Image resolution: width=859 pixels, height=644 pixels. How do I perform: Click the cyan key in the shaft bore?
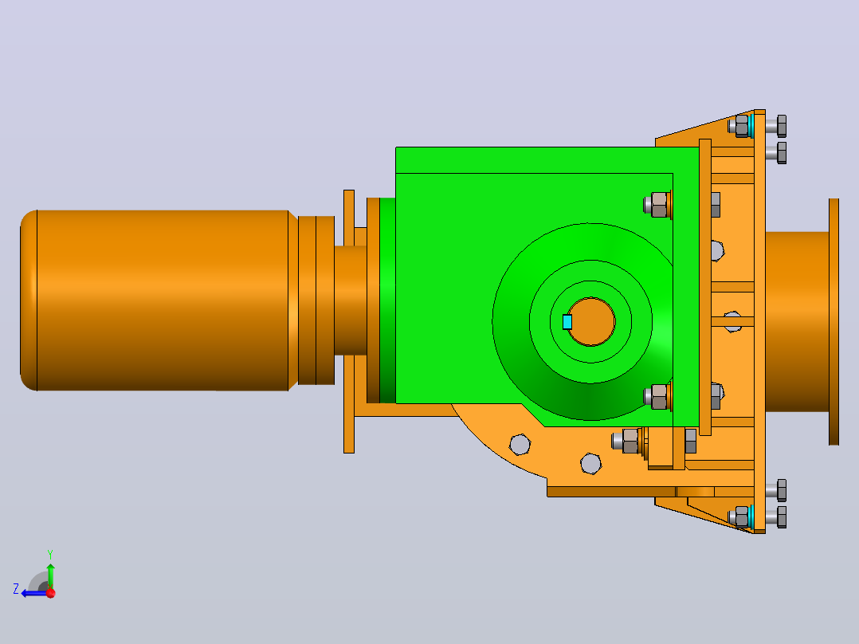click(x=567, y=322)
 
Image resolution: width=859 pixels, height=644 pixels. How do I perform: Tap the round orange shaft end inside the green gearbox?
click(x=591, y=322)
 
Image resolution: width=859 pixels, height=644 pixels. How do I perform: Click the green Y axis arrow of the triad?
click(x=50, y=575)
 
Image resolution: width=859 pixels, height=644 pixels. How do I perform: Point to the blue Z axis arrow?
click(x=33, y=593)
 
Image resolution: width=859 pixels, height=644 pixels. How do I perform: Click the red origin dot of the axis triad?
click(x=51, y=593)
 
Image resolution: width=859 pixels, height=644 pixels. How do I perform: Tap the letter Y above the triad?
click(x=50, y=554)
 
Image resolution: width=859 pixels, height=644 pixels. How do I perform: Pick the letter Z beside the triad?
click(x=16, y=589)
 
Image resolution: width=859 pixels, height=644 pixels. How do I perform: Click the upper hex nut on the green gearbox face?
click(x=658, y=205)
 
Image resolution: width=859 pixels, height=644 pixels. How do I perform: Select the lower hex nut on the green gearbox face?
click(x=658, y=397)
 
